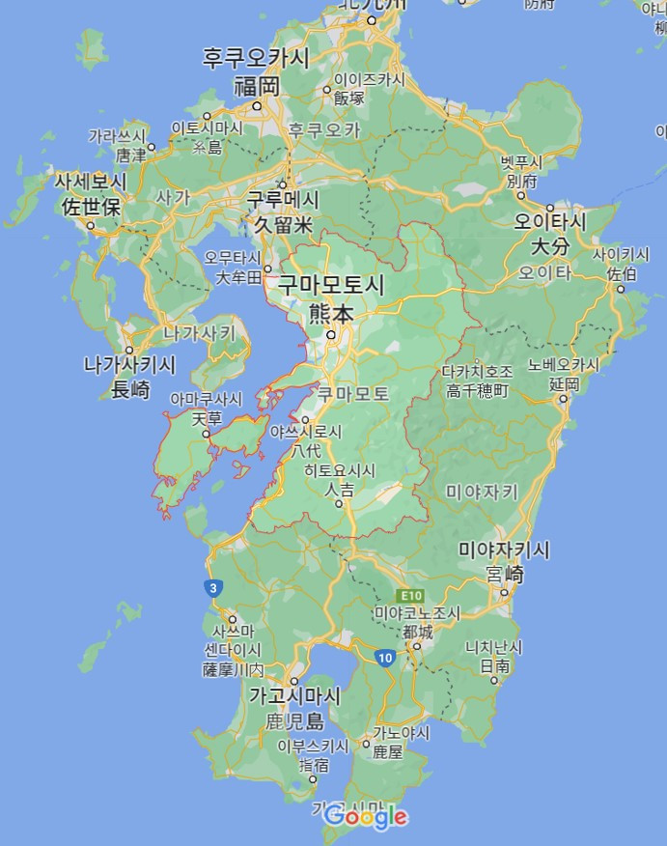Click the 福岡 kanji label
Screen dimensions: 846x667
[x=257, y=86]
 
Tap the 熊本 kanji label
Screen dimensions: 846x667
[x=332, y=313]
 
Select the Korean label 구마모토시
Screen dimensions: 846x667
[x=331, y=285]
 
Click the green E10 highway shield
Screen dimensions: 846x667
[x=410, y=597]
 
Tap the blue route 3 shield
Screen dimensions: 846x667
[x=212, y=587]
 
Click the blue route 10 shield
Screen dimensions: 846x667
[x=385, y=658]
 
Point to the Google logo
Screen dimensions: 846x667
[x=366, y=817]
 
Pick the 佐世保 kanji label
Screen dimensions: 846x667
[x=90, y=206]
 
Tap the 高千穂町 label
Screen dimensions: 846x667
[x=477, y=390]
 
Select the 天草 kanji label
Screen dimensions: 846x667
[x=207, y=418]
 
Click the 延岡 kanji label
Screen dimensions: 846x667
[x=564, y=383]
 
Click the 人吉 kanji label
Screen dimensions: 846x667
[x=339, y=490]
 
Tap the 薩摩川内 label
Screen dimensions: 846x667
[x=233, y=669]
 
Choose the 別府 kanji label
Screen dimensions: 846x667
[x=521, y=181]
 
